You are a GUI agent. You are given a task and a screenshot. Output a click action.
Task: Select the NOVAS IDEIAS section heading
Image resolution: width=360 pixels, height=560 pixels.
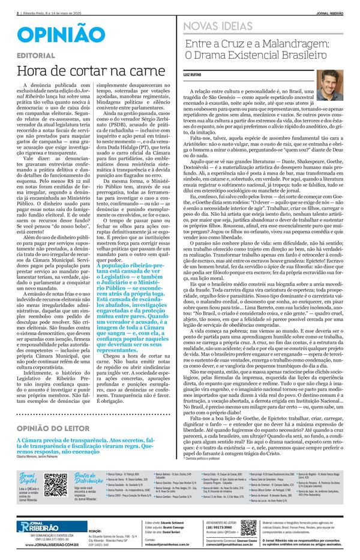[218, 25]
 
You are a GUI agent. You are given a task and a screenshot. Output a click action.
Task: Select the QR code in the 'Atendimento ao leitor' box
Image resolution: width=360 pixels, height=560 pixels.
[248, 528]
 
